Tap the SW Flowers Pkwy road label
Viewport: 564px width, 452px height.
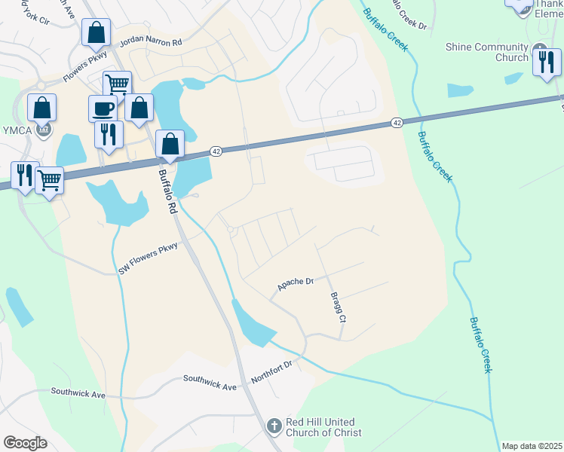point(148,258)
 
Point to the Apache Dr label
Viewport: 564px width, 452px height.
point(295,284)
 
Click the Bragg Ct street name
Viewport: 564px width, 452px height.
point(336,308)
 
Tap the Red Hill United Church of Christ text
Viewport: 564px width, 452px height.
point(323,427)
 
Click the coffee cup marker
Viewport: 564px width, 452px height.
point(103,108)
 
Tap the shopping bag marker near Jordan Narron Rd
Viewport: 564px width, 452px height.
point(97,32)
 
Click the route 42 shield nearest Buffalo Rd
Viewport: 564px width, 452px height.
point(216,151)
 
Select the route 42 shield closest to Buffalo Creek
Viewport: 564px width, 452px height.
point(396,122)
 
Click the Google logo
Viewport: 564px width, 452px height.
point(25,442)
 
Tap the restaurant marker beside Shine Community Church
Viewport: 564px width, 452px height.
point(547,62)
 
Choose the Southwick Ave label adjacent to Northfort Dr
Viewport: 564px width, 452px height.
point(210,384)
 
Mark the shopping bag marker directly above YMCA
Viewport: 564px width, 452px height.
point(42,108)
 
